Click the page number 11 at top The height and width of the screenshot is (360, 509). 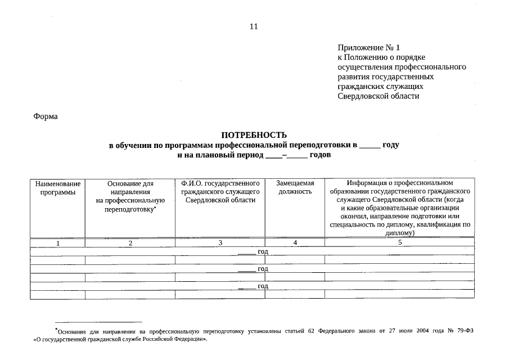coord(254,26)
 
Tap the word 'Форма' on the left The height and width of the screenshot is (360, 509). coord(46,116)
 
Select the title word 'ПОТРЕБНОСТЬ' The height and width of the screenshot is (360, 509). coord(254,135)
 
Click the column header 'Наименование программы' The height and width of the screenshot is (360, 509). coord(57,188)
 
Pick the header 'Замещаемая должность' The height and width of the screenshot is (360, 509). coord(295,188)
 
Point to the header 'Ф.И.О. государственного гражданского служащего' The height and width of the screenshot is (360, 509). coord(220,192)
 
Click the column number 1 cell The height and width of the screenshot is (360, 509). coord(57,243)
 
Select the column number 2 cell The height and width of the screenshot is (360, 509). coord(130,243)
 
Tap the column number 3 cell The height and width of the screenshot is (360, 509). coord(220,242)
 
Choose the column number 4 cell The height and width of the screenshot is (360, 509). coord(295,242)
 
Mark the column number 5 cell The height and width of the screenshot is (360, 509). coord(400,242)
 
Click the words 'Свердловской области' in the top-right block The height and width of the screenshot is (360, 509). coord(379,96)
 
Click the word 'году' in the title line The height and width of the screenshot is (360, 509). coord(391,145)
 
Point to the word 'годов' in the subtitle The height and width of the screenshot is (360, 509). coord(320,154)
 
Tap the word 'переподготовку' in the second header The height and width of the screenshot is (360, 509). coord(129,209)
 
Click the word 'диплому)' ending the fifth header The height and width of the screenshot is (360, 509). coord(400,232)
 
